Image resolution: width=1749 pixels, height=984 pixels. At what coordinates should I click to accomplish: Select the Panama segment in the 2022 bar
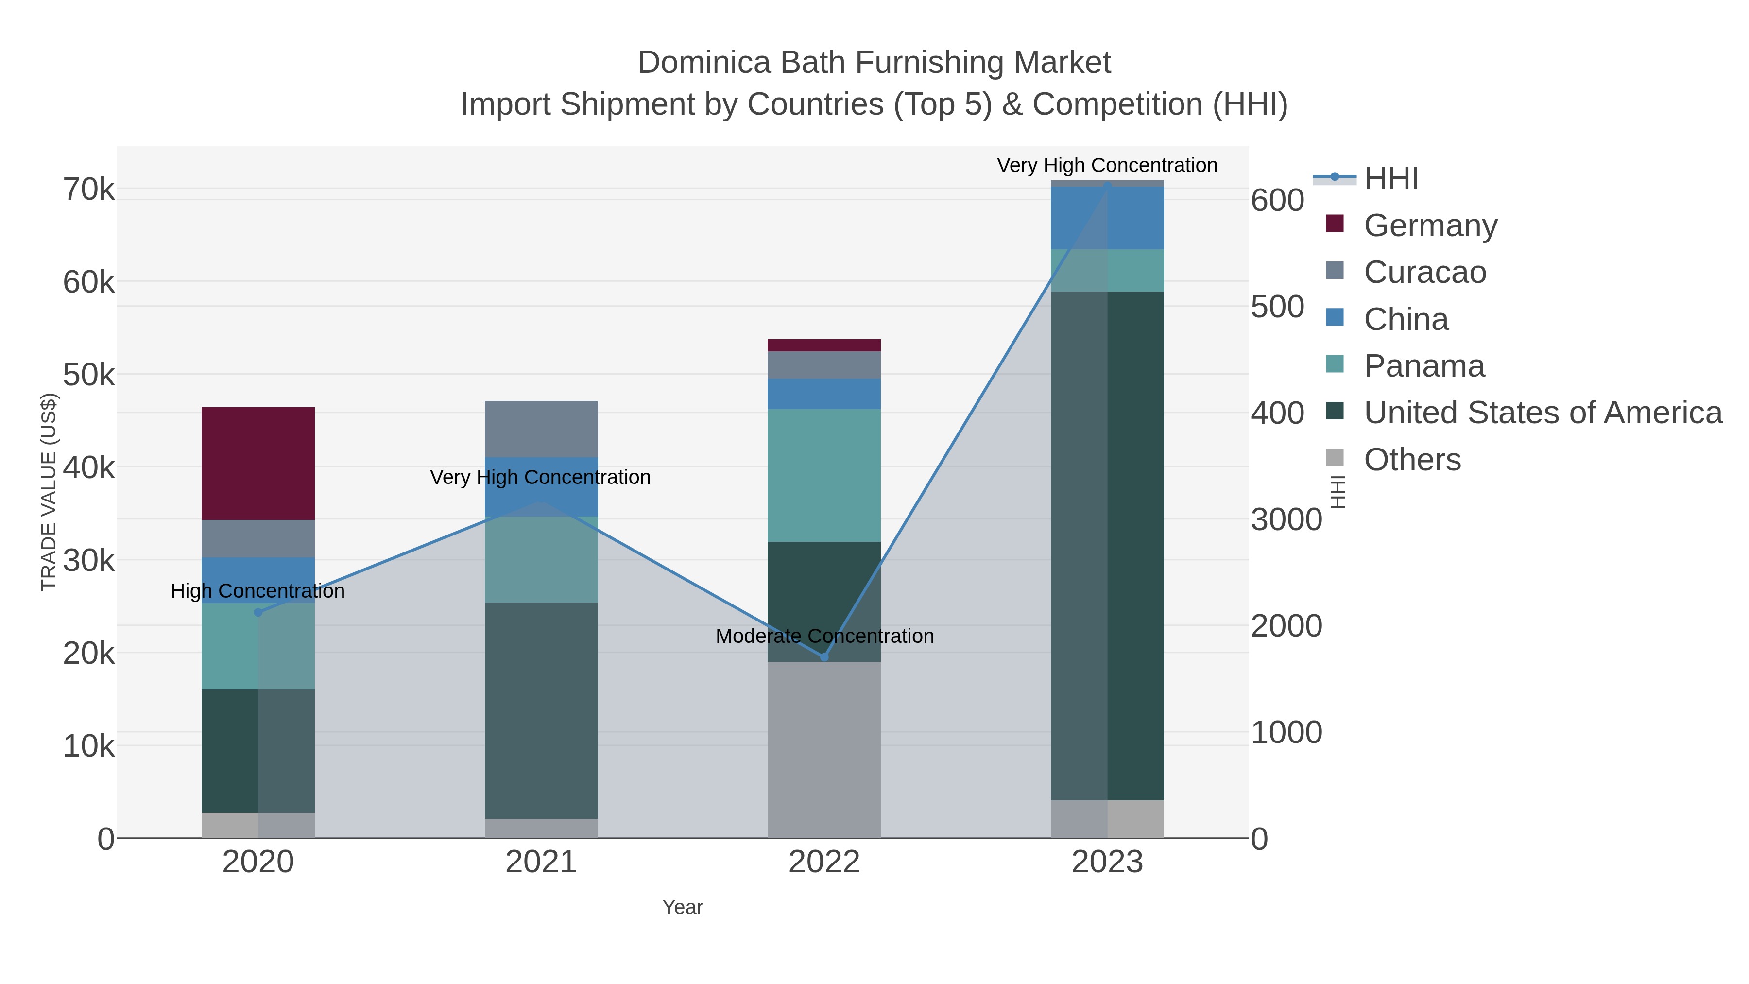coord(823,475)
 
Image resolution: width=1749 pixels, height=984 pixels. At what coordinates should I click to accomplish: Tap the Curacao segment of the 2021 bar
coord(541,429)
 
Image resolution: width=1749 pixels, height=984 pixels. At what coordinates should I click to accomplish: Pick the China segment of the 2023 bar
coord(1107,217)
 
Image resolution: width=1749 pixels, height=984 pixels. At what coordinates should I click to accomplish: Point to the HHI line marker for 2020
coord(258,613)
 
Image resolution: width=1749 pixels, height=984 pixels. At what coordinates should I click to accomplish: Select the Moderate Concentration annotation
coord(824,636)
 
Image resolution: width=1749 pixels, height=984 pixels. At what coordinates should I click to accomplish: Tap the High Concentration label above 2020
coord(258,591)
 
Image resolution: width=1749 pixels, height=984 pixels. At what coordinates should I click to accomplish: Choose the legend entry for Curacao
coord(1424,272)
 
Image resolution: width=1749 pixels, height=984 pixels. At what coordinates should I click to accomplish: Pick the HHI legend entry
coord(1390,179)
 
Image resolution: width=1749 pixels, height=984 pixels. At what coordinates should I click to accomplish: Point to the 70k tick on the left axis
coord(89,190)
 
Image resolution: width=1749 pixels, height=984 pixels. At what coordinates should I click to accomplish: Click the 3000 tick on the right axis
coord(1286,520)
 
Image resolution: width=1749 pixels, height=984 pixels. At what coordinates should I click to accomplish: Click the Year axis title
coord(683,907)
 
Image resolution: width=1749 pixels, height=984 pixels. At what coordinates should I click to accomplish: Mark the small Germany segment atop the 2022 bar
coord(823,345)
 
